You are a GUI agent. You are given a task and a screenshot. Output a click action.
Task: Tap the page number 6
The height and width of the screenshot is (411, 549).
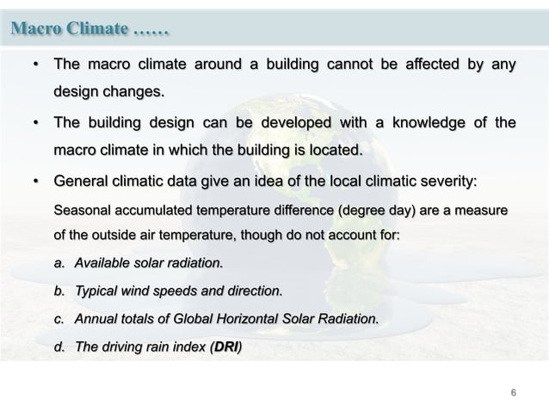pyautogui.click(x=514, y=393)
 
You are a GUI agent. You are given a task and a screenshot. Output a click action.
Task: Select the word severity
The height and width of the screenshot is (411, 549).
pyautogui.click(x=443, y=182)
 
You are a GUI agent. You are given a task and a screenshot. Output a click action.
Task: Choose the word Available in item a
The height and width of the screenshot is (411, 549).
pyautogui.click(x=103, y=261)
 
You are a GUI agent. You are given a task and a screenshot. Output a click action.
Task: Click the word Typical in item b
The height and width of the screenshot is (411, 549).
pyautogui.click(x=98, y=290)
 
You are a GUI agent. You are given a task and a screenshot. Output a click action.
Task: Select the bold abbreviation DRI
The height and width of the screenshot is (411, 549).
pyautogui.click(x=225, y=347)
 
